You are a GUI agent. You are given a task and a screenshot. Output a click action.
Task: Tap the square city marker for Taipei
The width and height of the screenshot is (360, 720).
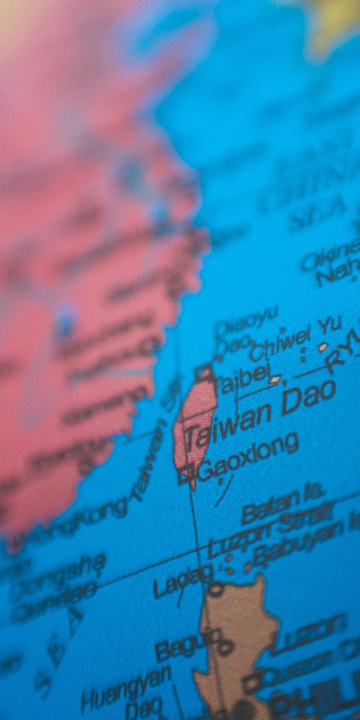[204, 373]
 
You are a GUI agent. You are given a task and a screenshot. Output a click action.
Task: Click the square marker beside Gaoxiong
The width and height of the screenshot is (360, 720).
[184, 474]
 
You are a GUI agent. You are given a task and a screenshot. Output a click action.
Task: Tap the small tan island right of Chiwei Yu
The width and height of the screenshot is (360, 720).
[323, 347]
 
